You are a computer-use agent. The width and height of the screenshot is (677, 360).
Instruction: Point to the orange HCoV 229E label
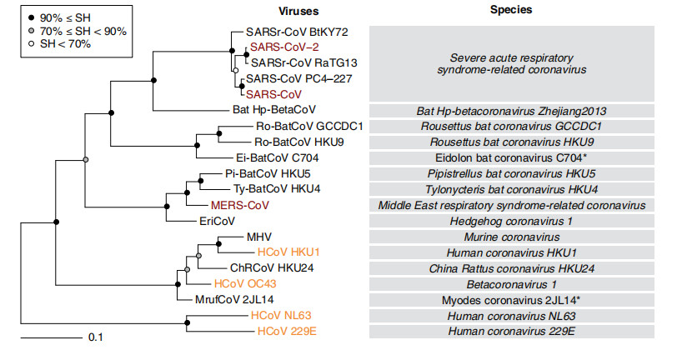click(x=282, y=331)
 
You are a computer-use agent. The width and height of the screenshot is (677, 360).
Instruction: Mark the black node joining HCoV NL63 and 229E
click(x=188, y=323)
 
